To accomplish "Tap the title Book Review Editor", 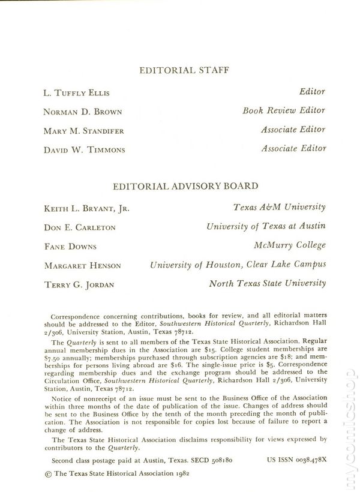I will point(284,110).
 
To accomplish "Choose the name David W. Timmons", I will point(85,149).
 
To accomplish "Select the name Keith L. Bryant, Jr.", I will point(86,209).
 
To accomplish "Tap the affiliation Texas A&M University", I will point(280,208).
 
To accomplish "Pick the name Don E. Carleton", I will point(80,227).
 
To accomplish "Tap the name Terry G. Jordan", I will point(79,284).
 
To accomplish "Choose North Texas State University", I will point(267,283).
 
